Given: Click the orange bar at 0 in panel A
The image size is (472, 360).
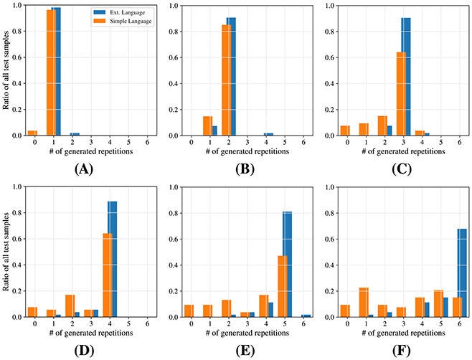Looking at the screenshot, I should coord(32,133).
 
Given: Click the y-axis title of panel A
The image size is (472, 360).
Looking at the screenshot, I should coord(6,70).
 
